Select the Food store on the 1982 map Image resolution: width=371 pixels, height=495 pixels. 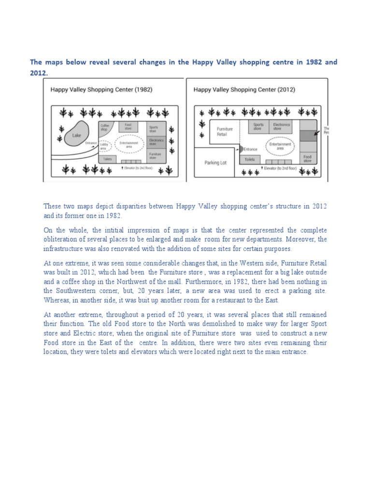point(128,127)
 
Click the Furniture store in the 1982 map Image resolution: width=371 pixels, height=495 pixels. point(154,155)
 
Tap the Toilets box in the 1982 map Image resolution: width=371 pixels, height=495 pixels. point(107,158)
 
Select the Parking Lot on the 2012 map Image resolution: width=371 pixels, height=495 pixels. point(215,163)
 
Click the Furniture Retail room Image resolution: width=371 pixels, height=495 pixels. point(225,131)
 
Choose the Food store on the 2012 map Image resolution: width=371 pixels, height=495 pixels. point(308,159)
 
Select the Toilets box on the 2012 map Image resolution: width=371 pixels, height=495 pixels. point(249,159)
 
